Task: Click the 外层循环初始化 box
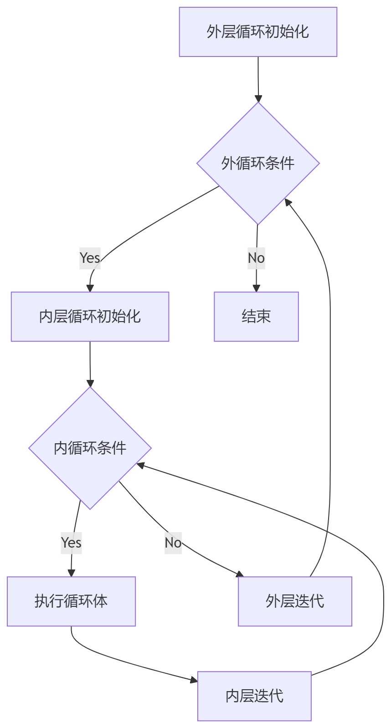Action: (x=258, y=32)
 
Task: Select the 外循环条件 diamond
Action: (x=258, y=163)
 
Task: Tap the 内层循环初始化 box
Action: (x=90, y=317)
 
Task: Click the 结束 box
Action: (x=256, y=317)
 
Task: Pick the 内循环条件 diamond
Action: (x=90, y=448)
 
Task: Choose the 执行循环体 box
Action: (x=71, y=601)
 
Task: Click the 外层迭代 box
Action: (x=295, y=601)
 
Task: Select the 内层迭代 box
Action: (x=254, y=696)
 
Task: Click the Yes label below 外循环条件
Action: (x=90, y=258)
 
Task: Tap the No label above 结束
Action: (x=256, y=258)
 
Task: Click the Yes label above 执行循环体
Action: (x=71, y=543)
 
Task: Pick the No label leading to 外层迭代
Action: (x=173, y=543)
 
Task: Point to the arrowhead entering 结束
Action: (x=256, y=288)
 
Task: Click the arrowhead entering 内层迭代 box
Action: (x=194, y=680)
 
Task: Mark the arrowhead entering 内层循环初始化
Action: (x=90, y=288)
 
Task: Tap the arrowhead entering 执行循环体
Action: (x=71, y=573)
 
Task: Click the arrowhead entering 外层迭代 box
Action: (x=240, y=574)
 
